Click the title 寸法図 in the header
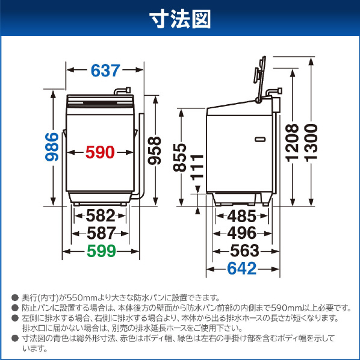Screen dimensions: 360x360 [180, 19]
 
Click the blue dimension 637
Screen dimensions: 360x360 [105, 70]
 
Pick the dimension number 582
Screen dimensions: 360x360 [101, 215]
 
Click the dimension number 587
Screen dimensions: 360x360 [101, 233]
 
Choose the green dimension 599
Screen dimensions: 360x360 [101, 252]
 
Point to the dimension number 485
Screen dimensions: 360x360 [242, 215]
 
